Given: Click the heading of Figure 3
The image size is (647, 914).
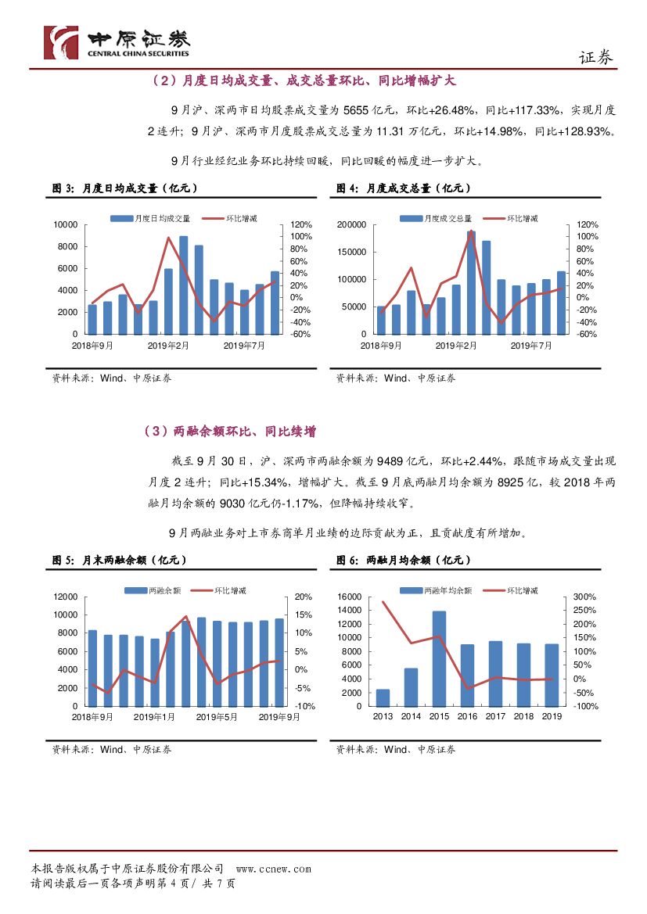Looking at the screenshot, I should (x=124, y=188).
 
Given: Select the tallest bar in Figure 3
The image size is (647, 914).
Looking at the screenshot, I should (x=183, y=285).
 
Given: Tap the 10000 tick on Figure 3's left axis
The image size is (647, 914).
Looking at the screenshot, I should (x=65, y=225).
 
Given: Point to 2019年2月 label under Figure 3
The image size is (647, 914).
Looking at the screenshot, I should (x=169, y=345).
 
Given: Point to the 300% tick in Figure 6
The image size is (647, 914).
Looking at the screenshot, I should (x=586, y=597).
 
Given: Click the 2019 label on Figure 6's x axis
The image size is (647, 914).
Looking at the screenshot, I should (x=552, y=716).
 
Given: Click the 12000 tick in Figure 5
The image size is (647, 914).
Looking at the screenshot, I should (x=65, y=597).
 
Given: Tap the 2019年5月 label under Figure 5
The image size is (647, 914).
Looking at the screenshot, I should (x=216, y=716).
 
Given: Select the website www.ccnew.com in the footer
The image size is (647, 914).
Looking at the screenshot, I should (x=273, y=869).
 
